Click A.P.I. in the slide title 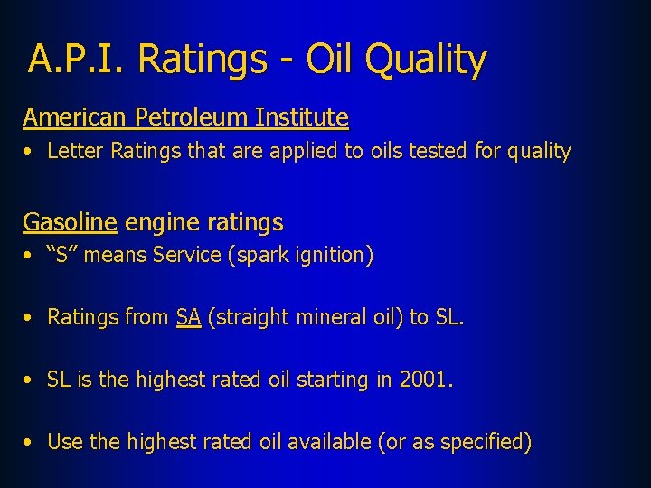pyautogui.click(x=77, y=60)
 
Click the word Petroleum pyautogui.click(x=191, y=117)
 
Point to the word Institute pyautogui.click(x=302, y=117)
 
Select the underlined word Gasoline pyautogui.click(x=70, y=222)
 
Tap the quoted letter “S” pyautogui.click(x=61, y=256)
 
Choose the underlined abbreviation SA pyautogui.click(x=188, y=317)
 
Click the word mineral pyautogui.click(x=311, y=317)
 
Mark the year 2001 pyautogui.click(x=422, y=380)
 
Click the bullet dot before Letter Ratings pyautogui.click(x=30, y=153)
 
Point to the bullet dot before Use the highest pyautogui.click(x=30, y=443)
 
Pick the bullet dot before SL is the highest pyautogui.click(x=30, y=380)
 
